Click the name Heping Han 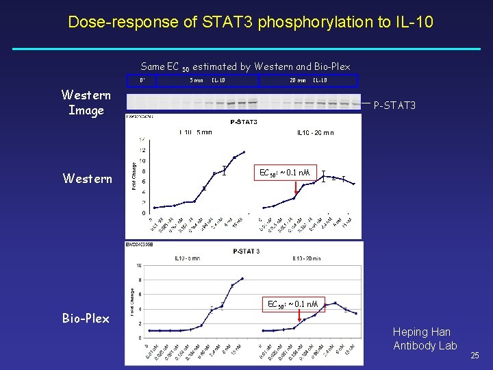[421, 332]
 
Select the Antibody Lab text [425, 345]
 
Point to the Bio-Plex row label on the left [86, 319]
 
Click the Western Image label [86, 102]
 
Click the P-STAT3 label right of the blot [394, 106]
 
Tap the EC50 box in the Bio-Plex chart [292, 304]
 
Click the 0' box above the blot [142, 80]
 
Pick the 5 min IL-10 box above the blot [207, 80]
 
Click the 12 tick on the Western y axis [142, 150]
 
